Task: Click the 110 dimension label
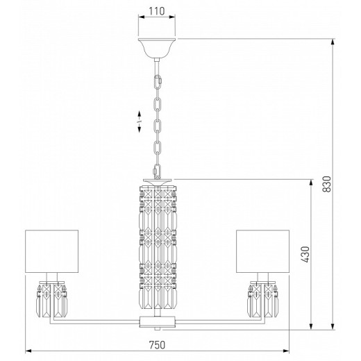pyautogui.click(x=157, y=11)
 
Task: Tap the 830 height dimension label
pyautogui.click(x=327, y=184)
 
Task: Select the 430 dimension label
pyautogui.click(x=305, y=254)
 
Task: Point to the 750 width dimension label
pyautogui.click(x=157, y=345)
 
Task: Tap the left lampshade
pyautogui.click(x=51, y=251)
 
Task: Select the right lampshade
pyautogui.click(x=262, y=251)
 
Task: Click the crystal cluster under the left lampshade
pyautogui.click(x=52, y=299)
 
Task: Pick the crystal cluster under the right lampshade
pyautogui.click(x=263, y=299)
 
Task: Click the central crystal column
pyautogui.click(x=158, y=247)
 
